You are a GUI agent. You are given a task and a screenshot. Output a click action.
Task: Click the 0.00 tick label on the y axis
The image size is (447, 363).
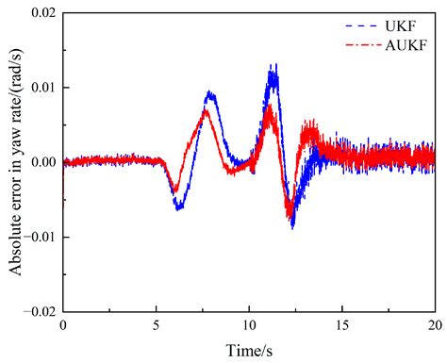click(x=41, y=162)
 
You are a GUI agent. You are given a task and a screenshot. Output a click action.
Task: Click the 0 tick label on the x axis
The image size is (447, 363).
click(x=63, y=325)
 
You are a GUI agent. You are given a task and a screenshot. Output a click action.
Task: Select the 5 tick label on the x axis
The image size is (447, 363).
click(x=156, y=325)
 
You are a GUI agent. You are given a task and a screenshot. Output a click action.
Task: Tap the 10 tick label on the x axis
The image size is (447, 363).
click(x=248, y=325)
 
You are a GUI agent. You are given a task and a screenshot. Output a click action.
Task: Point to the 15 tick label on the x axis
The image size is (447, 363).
click(x=340, y=325)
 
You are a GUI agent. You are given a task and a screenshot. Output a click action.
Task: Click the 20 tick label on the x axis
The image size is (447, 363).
click(x=433, y=325)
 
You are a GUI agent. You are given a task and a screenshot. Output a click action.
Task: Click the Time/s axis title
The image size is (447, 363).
click(x=248, y=348)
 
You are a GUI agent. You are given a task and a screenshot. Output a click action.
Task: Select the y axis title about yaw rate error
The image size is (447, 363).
click(x=16, y=160)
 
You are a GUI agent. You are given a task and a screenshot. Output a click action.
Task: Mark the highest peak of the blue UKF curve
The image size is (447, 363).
click(x=273, y=66)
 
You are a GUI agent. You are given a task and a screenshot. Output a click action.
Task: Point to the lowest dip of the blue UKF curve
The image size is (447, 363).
click(x=292, y=226)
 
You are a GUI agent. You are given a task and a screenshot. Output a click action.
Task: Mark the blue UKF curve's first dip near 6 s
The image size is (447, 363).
click(x=178, y=208)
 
